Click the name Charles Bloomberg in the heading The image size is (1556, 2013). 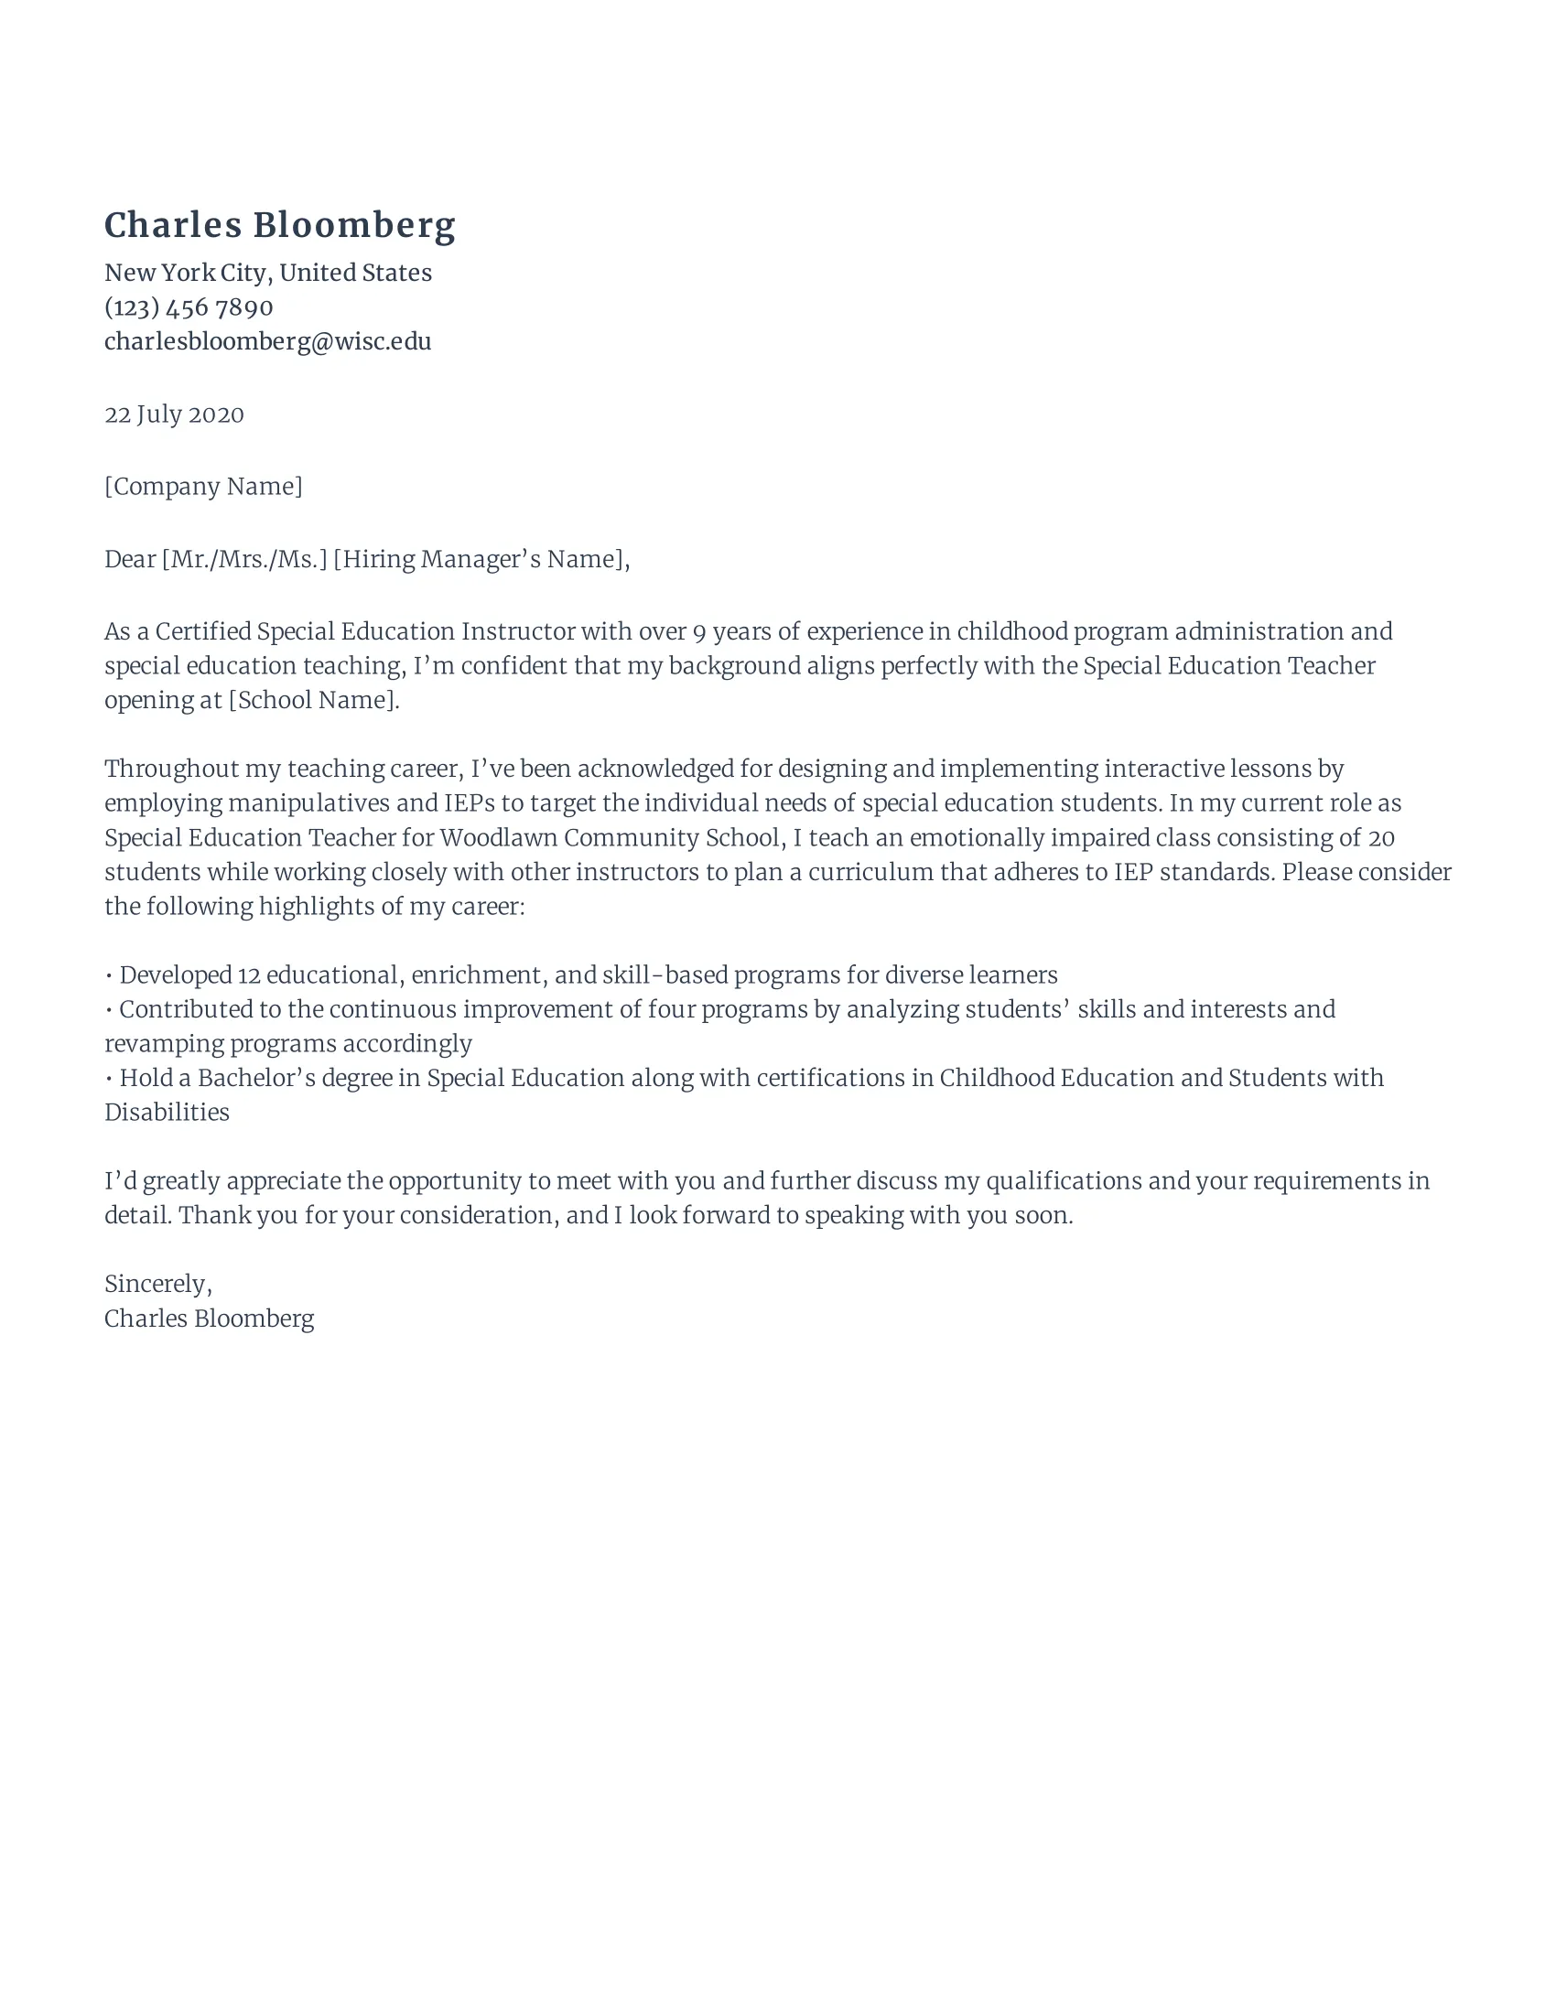pos(279,226)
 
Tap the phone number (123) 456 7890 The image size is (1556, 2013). pos(188,307)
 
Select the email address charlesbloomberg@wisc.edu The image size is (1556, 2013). pos(267,342)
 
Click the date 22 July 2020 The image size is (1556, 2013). pos(174,414)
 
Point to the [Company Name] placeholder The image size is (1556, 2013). pos(203,487)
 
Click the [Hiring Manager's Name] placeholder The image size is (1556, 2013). pos(481,559)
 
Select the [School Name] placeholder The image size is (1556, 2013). pos(313,701)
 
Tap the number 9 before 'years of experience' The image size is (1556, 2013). pos(698,632)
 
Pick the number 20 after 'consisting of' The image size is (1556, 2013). pos(1381,838)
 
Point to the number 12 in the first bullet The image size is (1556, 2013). pos(249,975)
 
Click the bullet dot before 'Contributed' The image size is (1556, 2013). pos(109,1010)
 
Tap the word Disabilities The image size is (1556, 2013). pos(167,1113)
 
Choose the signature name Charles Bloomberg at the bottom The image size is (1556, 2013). pos(210,1319)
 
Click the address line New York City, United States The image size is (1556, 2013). pos(267,273)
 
